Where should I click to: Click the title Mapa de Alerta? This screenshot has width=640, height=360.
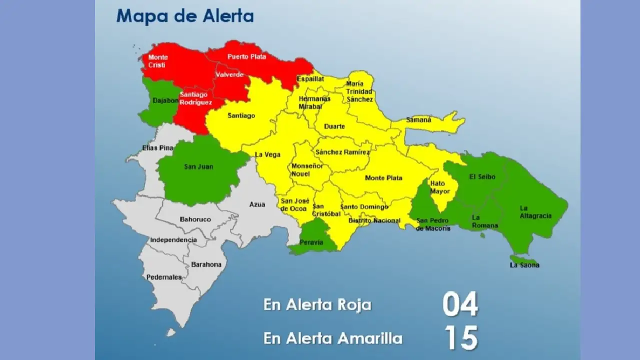click(x=185, y=16)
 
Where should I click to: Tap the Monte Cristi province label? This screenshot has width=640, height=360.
click(x=158, y=61)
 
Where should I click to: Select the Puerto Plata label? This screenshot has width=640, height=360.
click(x=247, y=57)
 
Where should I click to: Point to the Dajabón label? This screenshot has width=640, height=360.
click(x=165, y=100)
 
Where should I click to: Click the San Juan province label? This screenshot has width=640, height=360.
click(x=198, y=166)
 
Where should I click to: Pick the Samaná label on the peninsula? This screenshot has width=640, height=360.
click(x=419, y=120)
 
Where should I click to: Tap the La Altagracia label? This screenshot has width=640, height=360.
click(x=535, y=212)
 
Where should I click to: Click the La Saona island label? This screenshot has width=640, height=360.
click(x=524, y=265)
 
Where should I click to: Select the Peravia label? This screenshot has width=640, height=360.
click(x=311, y=242)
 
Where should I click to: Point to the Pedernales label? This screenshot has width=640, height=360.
click(x=164, y=277)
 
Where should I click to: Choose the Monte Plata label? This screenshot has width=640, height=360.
click(x=383, y=178)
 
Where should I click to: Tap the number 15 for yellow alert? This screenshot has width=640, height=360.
click(x=461, y=338)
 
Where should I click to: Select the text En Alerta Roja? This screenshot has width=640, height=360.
click(x=317, y=305)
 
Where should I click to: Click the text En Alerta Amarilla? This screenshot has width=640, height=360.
click(x=332, y=338)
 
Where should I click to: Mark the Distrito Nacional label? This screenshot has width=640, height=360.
click(x=374, y=220)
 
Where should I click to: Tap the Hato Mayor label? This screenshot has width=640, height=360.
click(x=437, y=187)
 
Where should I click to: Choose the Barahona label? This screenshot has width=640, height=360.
click(x=206, y=264)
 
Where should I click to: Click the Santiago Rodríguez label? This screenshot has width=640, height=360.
click(x=195, y=98)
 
